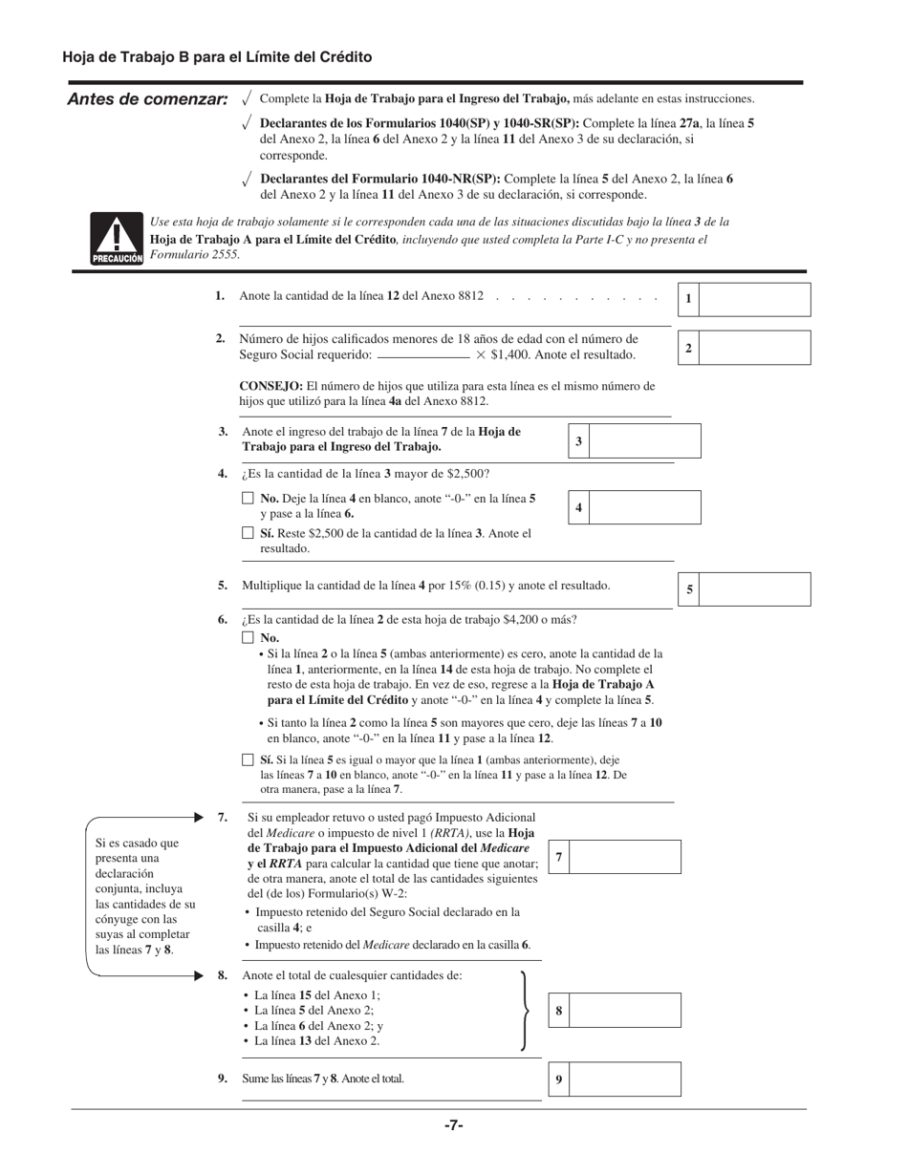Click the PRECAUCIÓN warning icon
pos(117,239)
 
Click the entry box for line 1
pos(755,299)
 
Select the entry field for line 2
pos(755,348)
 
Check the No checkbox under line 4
pos(248,499)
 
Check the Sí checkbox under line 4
pos(248,533)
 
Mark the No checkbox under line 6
pos(248,637)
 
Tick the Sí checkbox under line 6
pos(248,760)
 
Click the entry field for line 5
pos(755,589)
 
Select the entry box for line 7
pos(625,857)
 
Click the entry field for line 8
pos(625,1010)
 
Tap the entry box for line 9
pos(625,1079)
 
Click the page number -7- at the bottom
pos(453,1125)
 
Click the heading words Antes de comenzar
pos(147,99)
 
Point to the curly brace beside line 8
pos(525,1011)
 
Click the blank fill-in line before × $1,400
pos(422,356)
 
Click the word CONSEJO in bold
pos(270,386)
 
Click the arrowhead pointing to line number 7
pos(199,818)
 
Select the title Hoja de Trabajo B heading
pos(217,57)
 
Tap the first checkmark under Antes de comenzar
pos(247,97)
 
